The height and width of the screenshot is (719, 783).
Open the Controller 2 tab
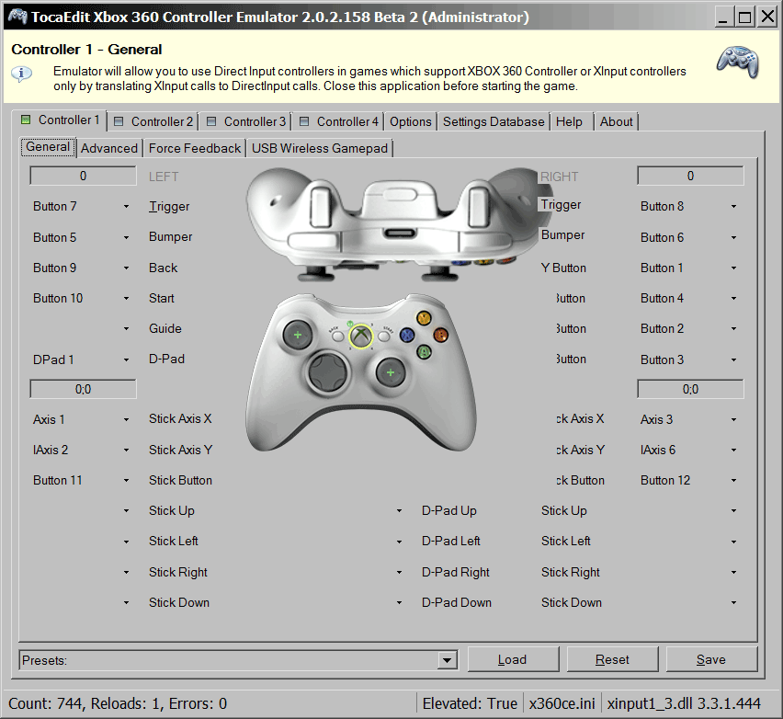coord(153,121)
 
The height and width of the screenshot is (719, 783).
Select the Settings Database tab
coord(493,121)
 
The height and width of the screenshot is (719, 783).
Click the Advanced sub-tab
coord(108,148)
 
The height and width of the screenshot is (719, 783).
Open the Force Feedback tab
coord(194,148)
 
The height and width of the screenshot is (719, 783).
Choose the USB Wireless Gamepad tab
coord(320,148)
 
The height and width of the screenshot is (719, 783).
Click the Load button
coord(512,659)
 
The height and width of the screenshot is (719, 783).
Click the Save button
coord(710,659)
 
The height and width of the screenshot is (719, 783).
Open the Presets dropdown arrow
coord(448,660)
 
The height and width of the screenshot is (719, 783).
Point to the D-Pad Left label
coord(450,542)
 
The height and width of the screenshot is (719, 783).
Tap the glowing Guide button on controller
coord(360,337)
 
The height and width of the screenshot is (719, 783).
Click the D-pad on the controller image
coord(327,371)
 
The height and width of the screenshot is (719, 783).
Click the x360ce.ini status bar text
coord(562,703)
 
